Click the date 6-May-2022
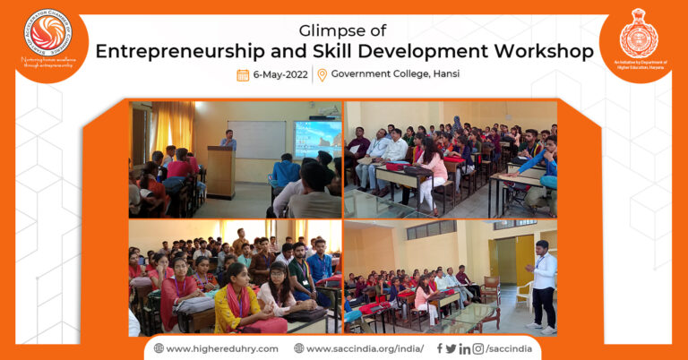tap(280, 74)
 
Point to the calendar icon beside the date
tap(243, 74)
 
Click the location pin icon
tap(322, 74)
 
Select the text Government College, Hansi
tap(395, 74)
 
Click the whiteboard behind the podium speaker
tap(257, 140)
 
